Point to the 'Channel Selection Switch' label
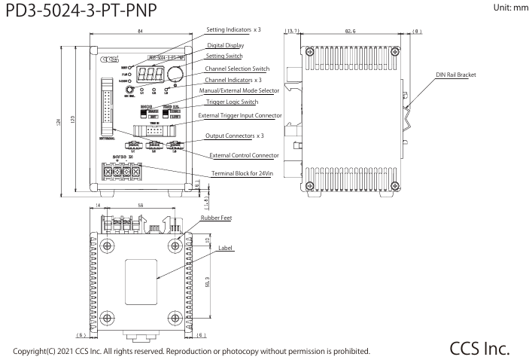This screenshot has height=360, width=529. click(237, 69)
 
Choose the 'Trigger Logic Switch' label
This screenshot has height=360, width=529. click(233, 102)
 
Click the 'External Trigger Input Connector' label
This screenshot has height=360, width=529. click(240, 116)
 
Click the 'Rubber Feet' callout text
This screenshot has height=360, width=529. click(216, 218)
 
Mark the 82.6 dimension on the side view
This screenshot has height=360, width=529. click(350, 32)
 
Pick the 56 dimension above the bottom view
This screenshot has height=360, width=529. click(141, 205)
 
